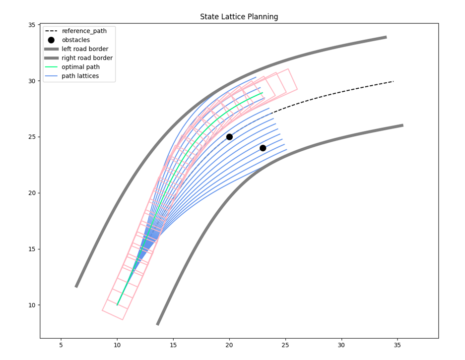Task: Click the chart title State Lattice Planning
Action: coord(239,17)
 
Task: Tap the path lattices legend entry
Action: coord(80,76)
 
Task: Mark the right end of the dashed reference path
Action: coord(394,81)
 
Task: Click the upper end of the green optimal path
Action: coord(263,93)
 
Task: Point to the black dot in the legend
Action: coord(51,40)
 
